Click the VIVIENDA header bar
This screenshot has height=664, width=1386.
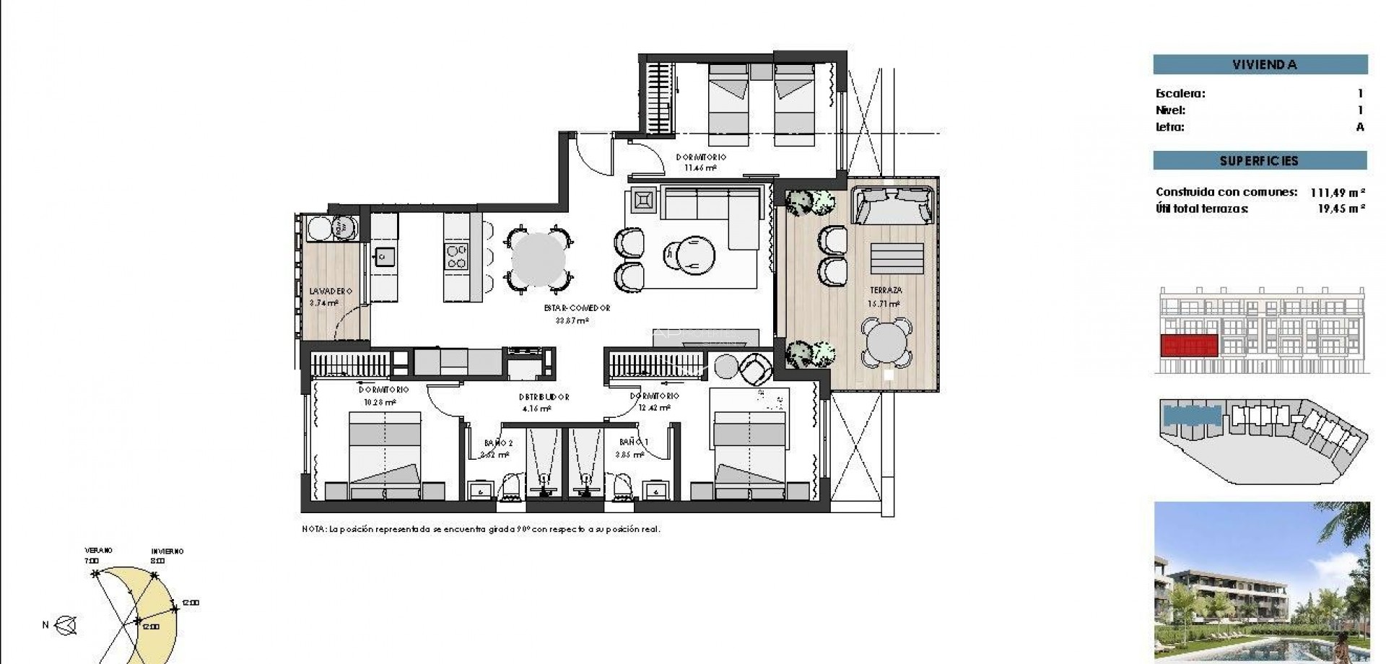click(1260, 64)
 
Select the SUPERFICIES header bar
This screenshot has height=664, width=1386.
click(1260, 160)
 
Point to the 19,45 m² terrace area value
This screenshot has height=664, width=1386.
click(1341, 209)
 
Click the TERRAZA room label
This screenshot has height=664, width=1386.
click(885, 290)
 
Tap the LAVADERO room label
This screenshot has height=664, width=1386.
click(330, 292)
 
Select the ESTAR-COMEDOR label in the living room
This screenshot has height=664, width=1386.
click(577, 308)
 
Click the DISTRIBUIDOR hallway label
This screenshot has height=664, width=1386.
click(544, 397)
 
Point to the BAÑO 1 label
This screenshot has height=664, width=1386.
click(634, 442)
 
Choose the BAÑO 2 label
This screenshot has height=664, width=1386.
click(498, 443)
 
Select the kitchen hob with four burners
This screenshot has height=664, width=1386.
click(456, 257)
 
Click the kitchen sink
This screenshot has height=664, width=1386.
click(383, 255)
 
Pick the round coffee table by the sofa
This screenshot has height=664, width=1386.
click(690, 255)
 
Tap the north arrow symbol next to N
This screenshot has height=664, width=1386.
click(67, 626)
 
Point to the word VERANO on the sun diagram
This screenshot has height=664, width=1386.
click(98, 550)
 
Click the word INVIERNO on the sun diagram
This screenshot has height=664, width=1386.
click(167, 551)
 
